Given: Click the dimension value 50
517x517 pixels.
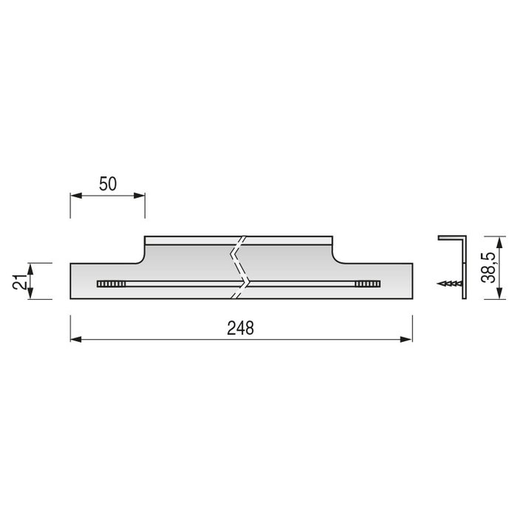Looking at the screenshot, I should (x=108, y=185).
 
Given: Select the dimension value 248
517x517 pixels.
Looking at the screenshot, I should (x=241, y=329).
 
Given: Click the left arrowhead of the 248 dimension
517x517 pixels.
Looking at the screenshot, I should (x=75, y=340).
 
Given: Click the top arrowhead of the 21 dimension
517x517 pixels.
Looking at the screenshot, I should (x=30, y=266).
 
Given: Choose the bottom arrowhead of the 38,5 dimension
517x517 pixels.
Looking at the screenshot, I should (x=476, y=295).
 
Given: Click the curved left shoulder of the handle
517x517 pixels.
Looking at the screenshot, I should (x=140, y=255).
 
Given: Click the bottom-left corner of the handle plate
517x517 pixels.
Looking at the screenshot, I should (x=71, y=300).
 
